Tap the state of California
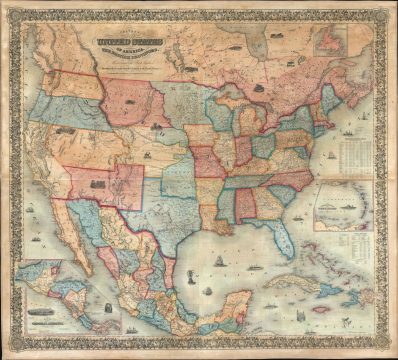coord(41,160)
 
